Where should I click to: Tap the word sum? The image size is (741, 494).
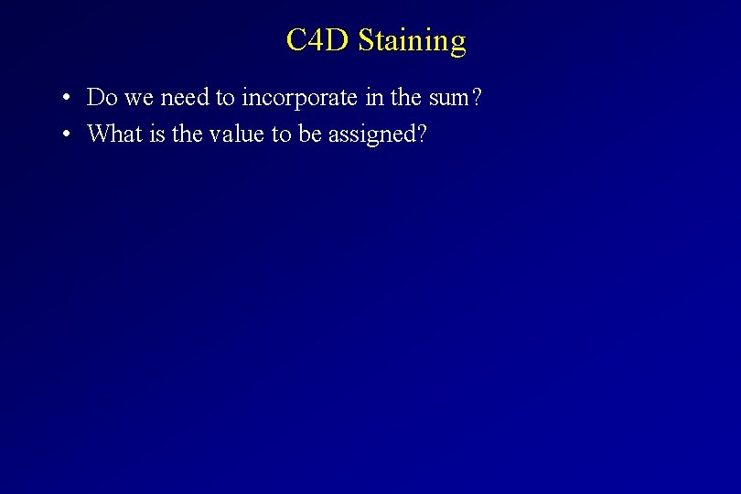click(x=447, y=98)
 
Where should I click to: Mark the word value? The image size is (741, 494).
click(x=237, y=134)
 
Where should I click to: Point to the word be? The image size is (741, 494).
click(x=309, y=134)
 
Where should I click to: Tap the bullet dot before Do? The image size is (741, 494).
click(x=67, y=98)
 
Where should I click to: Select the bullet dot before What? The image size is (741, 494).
click(x=67, y=135)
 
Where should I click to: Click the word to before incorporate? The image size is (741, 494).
click(x=225, y=98)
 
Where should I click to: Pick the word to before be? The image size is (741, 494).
click(x=283, y=135)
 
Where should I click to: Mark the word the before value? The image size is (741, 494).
click(x=187, y=134)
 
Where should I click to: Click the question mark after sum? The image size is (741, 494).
click(x=476, y=97)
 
